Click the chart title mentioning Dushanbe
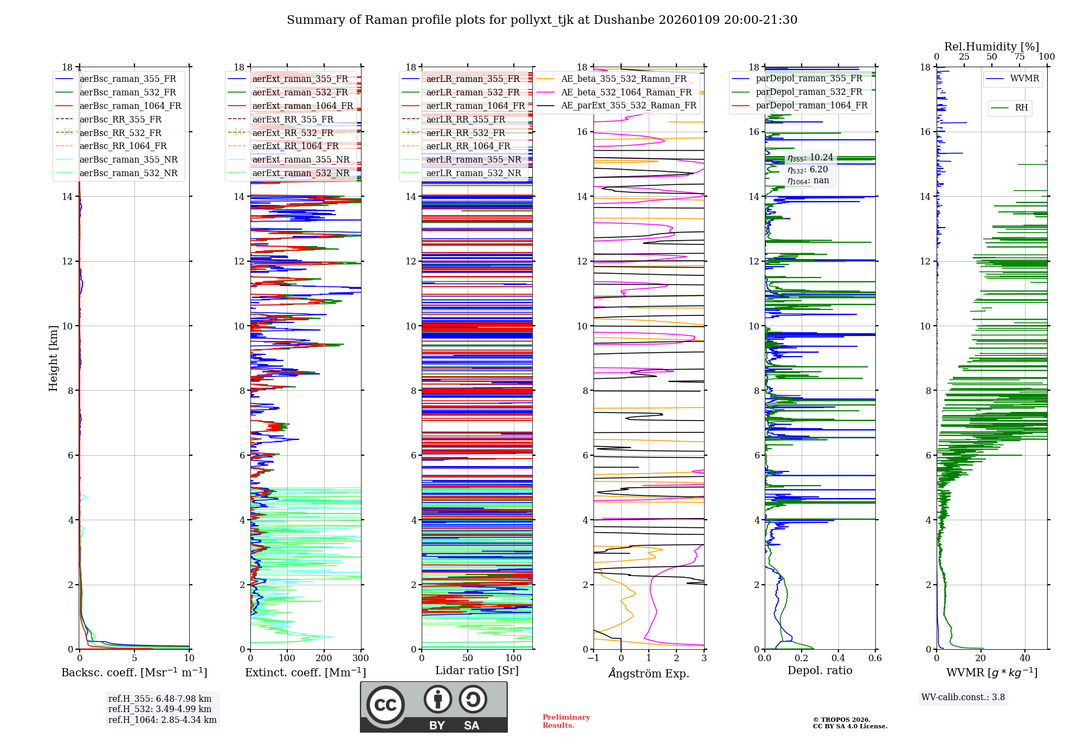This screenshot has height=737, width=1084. coord(542,20)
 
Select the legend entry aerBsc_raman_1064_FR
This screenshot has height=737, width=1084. coord(130,106)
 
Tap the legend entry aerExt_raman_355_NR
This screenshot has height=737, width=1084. coord(301,159)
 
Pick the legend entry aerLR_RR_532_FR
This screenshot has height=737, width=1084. coord(466,133)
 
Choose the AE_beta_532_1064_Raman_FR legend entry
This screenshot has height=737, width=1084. coord(626,92)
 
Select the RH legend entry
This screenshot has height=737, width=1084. coord(1021,108)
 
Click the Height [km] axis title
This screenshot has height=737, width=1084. coord(53,358)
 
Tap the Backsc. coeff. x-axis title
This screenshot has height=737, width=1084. coord(134,673)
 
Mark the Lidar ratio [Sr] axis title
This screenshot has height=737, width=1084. coord(477,670)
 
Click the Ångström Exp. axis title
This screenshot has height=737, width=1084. coord(649,673)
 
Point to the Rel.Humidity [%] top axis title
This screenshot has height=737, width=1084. coord(991,47)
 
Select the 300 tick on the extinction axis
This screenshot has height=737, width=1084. coord(360,658)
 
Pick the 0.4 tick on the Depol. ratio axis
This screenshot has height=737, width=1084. coord(838,658)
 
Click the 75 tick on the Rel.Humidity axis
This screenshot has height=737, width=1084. coord(1020,56)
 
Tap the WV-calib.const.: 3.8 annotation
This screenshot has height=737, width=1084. coord(963,697)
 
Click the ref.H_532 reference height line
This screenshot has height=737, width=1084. coord(160,709)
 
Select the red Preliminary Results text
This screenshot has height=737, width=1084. coord(566,721)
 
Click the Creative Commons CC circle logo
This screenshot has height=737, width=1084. coord(385,705)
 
